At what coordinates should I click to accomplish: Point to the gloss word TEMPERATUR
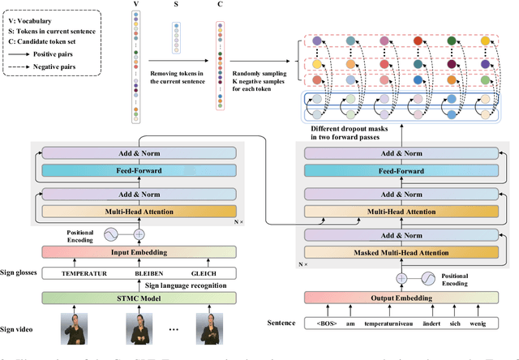point(84,273)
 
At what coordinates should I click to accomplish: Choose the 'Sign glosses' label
point(24,273)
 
